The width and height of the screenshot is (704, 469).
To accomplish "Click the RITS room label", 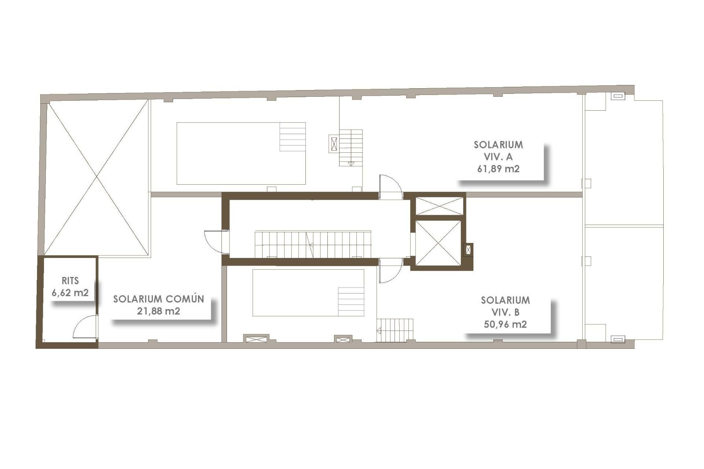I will coord(70,281).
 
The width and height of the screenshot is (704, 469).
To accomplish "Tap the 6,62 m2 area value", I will coord(70,293).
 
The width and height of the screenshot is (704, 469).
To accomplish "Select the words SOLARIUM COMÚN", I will coord(158,299).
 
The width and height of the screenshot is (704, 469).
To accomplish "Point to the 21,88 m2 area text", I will coord(158,311).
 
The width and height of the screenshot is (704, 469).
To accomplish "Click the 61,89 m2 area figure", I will coord(498,169).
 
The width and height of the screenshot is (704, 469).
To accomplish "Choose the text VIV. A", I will coord(498,157).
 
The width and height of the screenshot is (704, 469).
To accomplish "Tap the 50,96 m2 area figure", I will coord(505,324).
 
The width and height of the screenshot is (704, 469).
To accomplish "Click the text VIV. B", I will coord(505,312).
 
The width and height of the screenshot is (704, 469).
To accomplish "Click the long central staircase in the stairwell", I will coord(313,244).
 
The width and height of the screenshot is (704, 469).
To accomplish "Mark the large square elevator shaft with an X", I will coord(438,243).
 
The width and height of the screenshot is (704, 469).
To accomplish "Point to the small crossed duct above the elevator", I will coord(439,206).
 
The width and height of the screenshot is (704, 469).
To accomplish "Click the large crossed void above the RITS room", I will coord(97,178).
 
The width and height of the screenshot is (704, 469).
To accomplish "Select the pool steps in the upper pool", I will coord(293,137).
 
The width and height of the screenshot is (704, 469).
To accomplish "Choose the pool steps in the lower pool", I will coord(351,301).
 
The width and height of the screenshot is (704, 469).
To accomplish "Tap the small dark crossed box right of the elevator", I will coord(468,250).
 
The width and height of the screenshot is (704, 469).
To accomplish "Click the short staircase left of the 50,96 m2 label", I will coord(395,330).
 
